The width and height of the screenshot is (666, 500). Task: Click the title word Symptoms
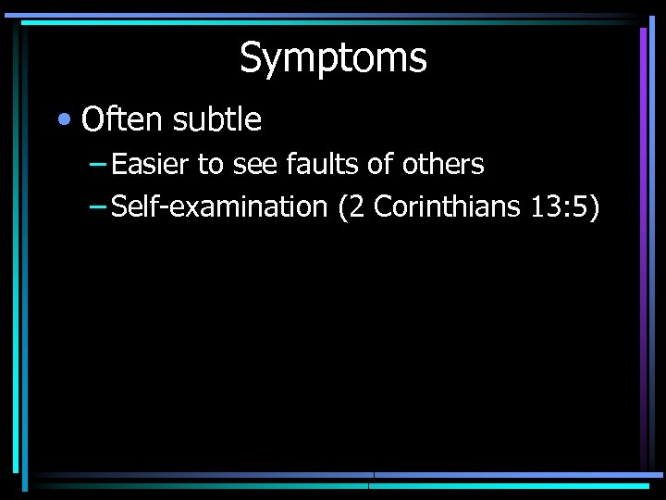pos(333,58)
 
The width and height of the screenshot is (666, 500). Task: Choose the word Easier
pos(150,165)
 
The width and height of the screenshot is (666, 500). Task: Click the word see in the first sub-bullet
pos(255,165)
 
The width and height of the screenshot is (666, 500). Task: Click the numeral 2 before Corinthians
pos(359,206)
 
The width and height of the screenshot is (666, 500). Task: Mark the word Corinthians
pos(449,206)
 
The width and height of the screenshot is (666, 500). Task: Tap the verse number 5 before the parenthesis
pos(581,206)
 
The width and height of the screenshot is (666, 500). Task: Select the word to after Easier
pos(211,165)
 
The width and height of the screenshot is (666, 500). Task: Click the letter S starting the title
pos(250,58)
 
